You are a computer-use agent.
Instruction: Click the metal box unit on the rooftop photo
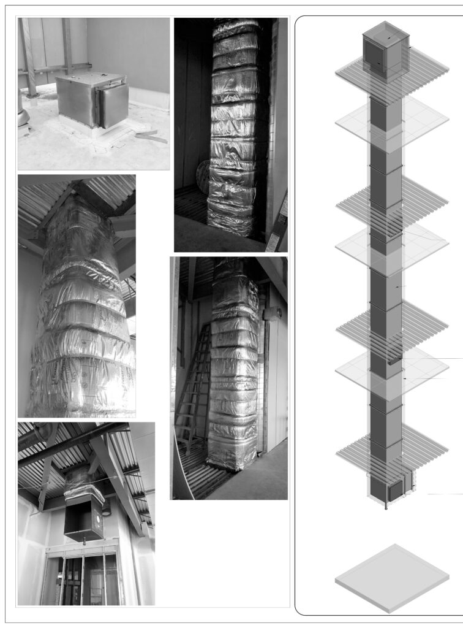coord(92,100)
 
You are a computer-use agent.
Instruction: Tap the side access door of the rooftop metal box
coord(113,105)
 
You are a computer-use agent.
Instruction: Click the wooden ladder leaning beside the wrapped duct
coord(194,386)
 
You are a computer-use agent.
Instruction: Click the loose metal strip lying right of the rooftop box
coord(151,137)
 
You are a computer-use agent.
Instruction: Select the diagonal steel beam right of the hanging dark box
coord(116,478)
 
